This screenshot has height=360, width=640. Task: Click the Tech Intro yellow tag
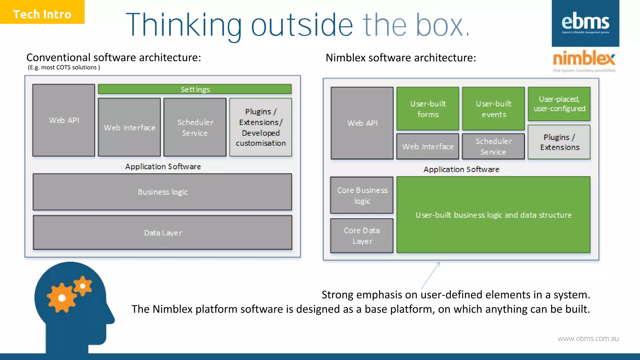click(42, 12)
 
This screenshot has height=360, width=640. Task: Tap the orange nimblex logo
click(584, 59)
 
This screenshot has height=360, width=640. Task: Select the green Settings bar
click(195, 89)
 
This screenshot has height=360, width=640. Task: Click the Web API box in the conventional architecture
click(64, 120)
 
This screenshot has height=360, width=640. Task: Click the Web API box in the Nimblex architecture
click(362, 123)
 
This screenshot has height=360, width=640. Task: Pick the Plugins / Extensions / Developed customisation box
click(261, 127)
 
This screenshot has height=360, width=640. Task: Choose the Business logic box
click(162, 192)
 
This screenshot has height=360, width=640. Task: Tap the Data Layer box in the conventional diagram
click(162, 233)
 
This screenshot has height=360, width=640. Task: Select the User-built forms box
click(427, 109)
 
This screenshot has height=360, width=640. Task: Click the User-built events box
click(493, 109)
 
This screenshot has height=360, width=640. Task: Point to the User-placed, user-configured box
click(559, 104)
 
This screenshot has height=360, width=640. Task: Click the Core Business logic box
click(362, 195)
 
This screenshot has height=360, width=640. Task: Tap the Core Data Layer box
click(362, 236)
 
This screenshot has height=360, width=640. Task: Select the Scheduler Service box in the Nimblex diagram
click(493, 146)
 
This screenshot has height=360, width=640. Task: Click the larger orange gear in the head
click(62, 298)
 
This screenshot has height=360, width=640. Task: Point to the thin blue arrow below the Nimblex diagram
click(431, 275)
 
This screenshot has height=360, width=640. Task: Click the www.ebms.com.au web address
click(588, 338)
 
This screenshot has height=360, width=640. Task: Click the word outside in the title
click(302, 25)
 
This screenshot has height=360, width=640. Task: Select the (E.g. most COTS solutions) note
click(64, 67)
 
